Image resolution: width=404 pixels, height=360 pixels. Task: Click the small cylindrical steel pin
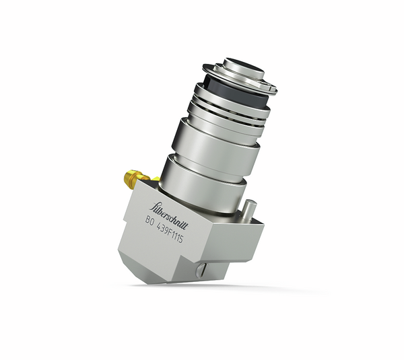coord(248,207)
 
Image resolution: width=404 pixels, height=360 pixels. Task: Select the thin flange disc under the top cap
coord(239,77)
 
